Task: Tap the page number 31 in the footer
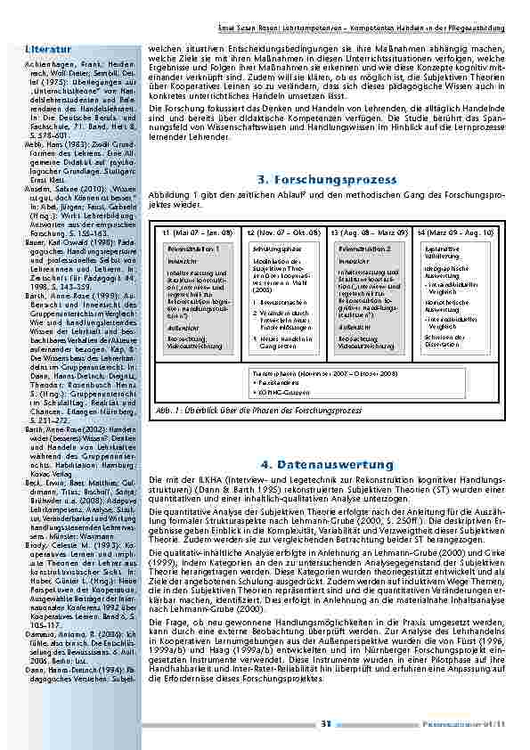point(326,722)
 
